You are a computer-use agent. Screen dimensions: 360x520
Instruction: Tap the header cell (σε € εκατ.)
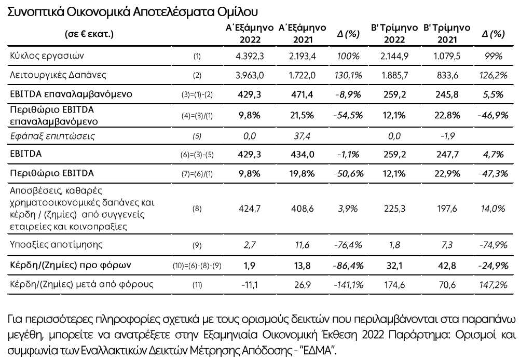(x=89, y=35)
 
